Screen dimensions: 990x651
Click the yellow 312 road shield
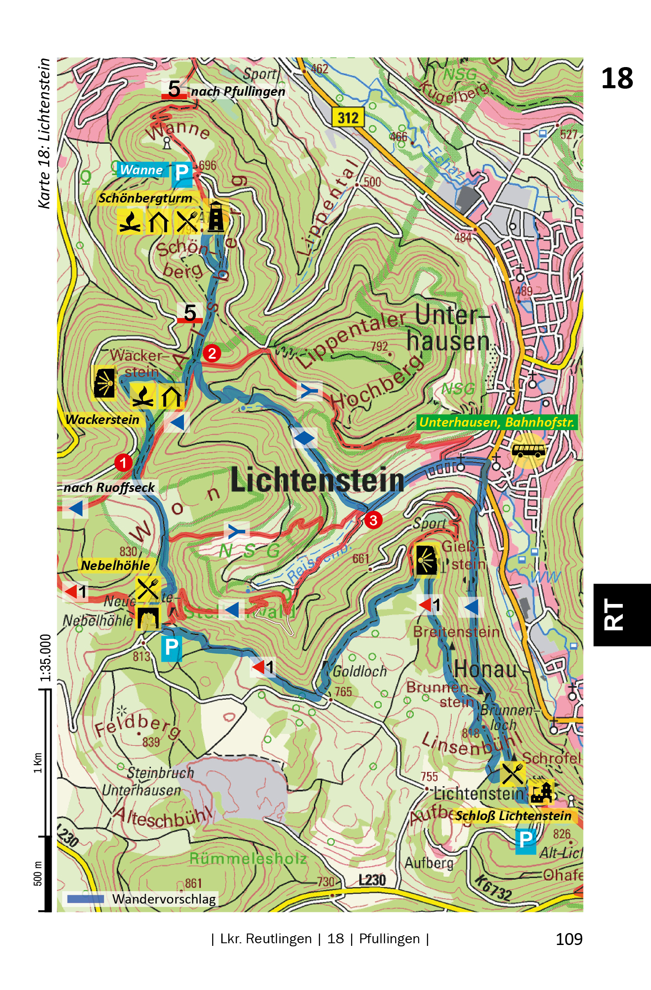pyautogui.click(x=348, y=117)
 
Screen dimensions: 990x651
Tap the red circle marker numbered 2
pyautogui.click(x=212, y=353)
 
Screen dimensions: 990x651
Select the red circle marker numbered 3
pyautogui.click(x=373, y=520)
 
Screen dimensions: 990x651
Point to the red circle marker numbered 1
pyautogui.click(x=123, y=462)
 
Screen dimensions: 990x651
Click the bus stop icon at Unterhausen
pyautogui.click(x=528, y=450)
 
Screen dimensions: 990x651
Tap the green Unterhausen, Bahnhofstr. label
pyautogui.click(x=497, y=422)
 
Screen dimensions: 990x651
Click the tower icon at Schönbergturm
pyautogui.click(x=216, y=217)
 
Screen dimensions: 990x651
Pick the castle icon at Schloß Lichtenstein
pyautogui.click(x=542, y=792)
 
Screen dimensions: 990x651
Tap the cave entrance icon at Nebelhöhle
pyautogui.click(x=147, y=618)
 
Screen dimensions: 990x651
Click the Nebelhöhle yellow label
pyautogui.click(x=115, y=565)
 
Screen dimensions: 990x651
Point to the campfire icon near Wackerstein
pyautogui.click(x=143, y=395)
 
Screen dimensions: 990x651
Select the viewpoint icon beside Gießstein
pyautogui.click(x=426, y=560)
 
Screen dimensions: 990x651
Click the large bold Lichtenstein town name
pyautogui.click(x=317, y=480)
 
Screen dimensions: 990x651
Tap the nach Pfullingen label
pyautogui.click(x=238, y=91)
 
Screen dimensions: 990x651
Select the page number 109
pyautogui.click(x=569, y=939)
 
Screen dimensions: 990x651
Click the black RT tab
pyautogui.click(x=621, y=615)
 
